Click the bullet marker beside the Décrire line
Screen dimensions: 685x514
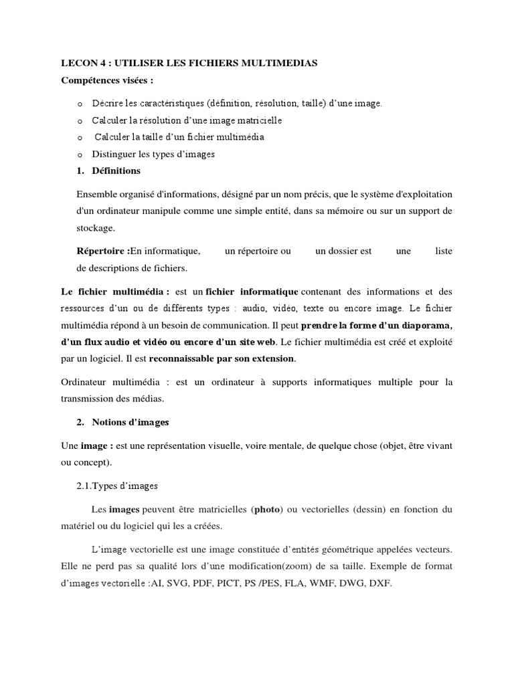point(80,104)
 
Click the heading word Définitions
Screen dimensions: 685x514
point(116,171)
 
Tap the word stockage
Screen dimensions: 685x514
point(96,227)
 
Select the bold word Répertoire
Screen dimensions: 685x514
point(102,251)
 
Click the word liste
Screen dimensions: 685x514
point(444,251)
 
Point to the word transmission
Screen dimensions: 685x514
point(88,398)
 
